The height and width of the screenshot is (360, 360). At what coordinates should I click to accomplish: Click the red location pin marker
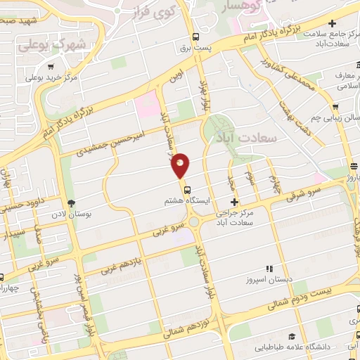(181, 165)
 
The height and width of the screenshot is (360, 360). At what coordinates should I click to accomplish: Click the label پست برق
(195, 49)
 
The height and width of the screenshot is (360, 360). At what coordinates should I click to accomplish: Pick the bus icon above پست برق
(195, 38)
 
